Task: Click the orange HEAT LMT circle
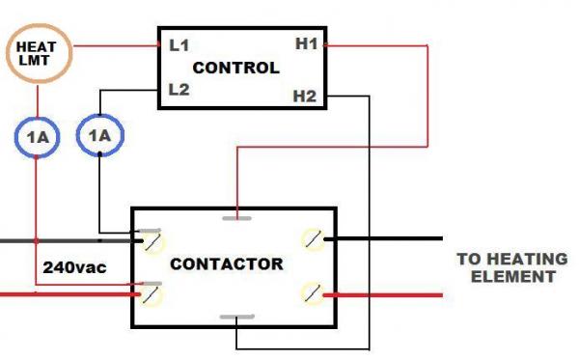pos(36,53)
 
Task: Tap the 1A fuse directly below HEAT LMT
pos(37,138)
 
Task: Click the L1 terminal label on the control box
pos(178,44)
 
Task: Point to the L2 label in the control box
pos(178,89)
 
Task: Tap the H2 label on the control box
pos(305,95)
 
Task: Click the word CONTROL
pos(236,69)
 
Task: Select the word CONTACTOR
pos(226,263)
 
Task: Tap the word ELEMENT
pos(520,276)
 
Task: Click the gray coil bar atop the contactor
pos(236,217)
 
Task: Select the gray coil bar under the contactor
pos(236,318)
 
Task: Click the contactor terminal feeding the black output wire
pos(312,237)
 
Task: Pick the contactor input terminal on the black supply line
pos(151,237)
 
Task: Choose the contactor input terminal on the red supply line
pos(151,291)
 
